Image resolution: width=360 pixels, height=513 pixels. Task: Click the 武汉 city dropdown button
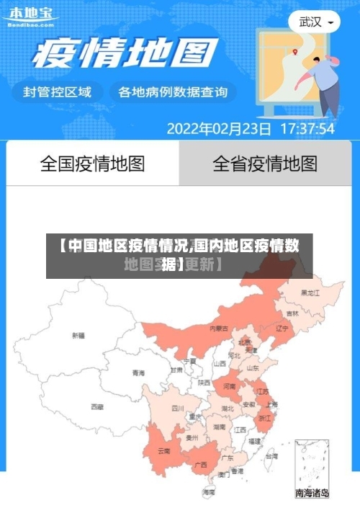315,22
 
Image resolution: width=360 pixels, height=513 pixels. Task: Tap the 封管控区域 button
58,92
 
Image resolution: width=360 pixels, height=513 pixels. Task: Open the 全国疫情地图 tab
92,164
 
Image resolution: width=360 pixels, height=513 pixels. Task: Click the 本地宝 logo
30,15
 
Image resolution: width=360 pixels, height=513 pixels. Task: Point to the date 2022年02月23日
219,129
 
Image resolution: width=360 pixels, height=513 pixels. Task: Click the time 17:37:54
307,129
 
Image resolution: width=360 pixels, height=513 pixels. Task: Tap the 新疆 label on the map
78,336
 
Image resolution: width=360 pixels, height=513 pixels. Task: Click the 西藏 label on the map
97,407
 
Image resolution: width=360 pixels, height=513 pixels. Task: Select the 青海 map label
138,373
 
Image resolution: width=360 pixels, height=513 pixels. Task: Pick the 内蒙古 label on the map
219,329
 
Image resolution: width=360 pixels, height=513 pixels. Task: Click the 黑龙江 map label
310,293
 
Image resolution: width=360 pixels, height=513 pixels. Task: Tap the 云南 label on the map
164,451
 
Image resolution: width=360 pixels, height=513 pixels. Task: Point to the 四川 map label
178,408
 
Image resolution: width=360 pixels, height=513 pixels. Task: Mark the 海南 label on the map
209,492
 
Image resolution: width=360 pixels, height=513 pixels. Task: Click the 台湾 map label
271,456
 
